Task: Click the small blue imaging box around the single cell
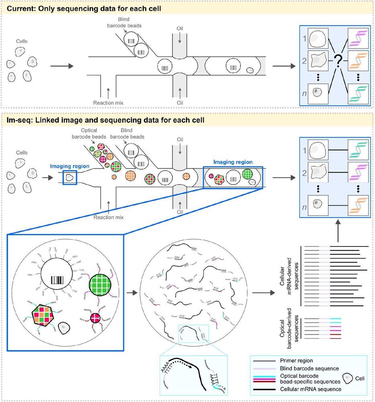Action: (x=70, y=177)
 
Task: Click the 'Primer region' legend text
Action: (x=289, y=361)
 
